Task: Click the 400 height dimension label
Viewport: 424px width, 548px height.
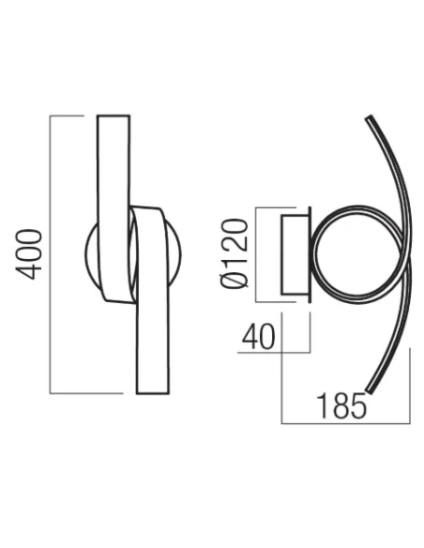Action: pos(31,253)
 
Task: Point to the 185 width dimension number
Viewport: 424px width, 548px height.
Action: pos(340,406)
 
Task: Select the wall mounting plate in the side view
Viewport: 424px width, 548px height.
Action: pos(295,255)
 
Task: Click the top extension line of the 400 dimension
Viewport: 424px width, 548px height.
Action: pos(75,115)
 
